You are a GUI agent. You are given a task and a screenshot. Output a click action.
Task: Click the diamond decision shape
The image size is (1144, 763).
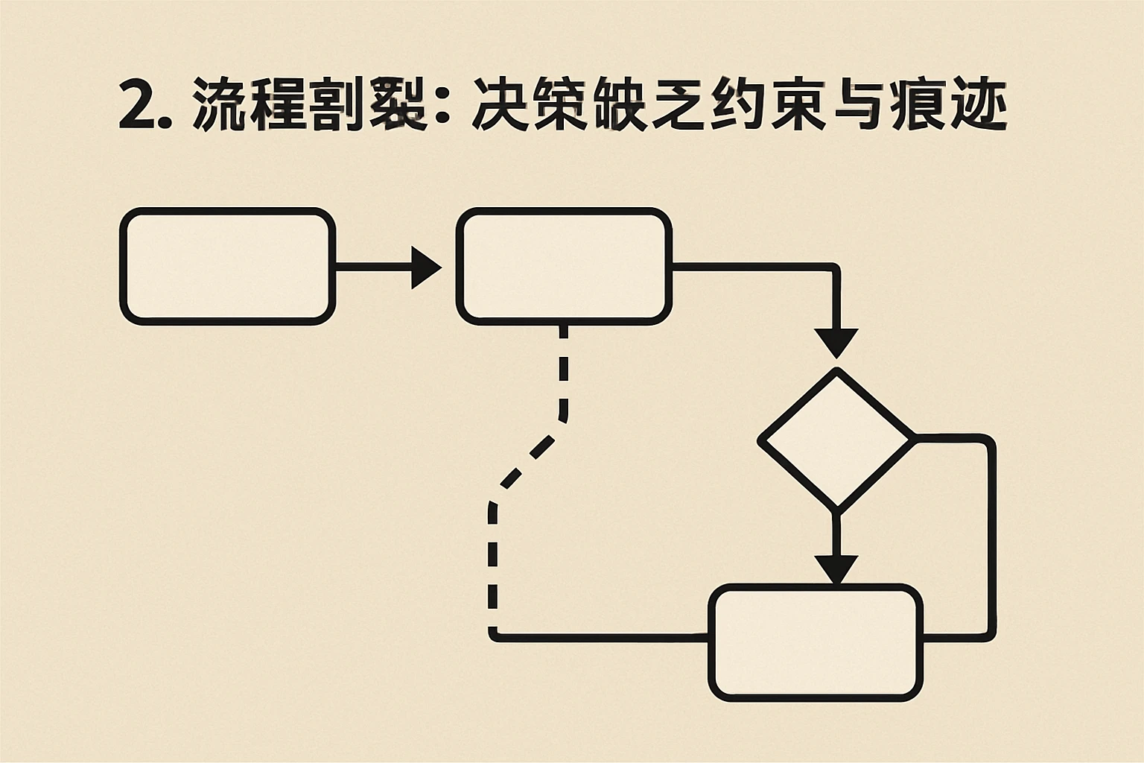[836, 440]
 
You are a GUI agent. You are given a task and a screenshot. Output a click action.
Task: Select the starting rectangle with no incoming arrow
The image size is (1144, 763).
[227, 267]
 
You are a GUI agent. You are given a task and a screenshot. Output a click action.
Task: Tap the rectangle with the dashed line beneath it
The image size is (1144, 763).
[564, 267]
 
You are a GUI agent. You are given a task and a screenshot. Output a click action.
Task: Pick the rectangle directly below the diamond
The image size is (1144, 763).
[816, 642]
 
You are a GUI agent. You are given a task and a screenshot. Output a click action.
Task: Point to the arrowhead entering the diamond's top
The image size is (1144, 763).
[836, 343]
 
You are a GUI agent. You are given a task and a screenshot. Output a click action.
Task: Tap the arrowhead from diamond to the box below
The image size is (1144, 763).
[836, 570]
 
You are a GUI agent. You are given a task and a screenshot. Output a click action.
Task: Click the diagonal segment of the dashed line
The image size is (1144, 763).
[530, 462]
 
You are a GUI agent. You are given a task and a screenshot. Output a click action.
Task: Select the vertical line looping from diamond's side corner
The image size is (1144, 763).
[991, 536]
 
